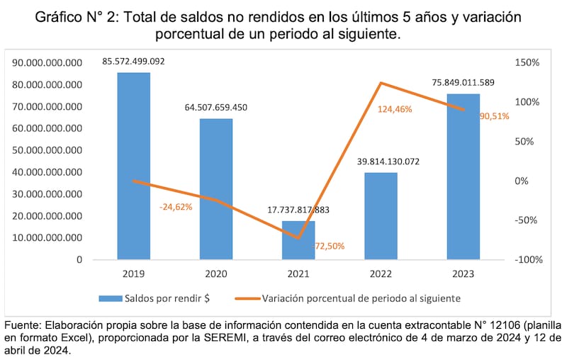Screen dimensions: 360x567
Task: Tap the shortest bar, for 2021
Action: (x=298, y=240)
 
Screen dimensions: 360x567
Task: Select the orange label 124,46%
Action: (x=395, y=109)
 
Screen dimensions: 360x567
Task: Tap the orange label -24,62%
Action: (x=176, y=207)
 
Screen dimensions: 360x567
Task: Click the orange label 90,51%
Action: (x=494, y=116)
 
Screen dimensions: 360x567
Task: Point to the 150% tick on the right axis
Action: (x=527, y=63)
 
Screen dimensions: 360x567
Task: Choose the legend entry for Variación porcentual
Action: (x=361, y=298)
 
